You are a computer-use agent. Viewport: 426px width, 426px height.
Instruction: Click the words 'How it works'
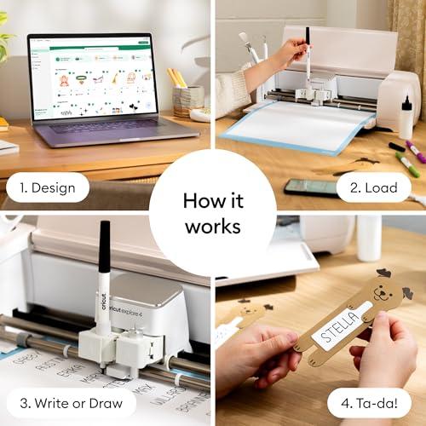point(213,214)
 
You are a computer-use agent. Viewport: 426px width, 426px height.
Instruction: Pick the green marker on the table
point(406,164)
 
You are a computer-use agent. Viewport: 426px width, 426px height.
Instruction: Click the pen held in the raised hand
point(307,51)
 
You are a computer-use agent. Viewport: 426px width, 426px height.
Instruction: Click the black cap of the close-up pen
point(103,243)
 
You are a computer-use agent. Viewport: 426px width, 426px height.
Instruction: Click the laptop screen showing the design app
point(89,77)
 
